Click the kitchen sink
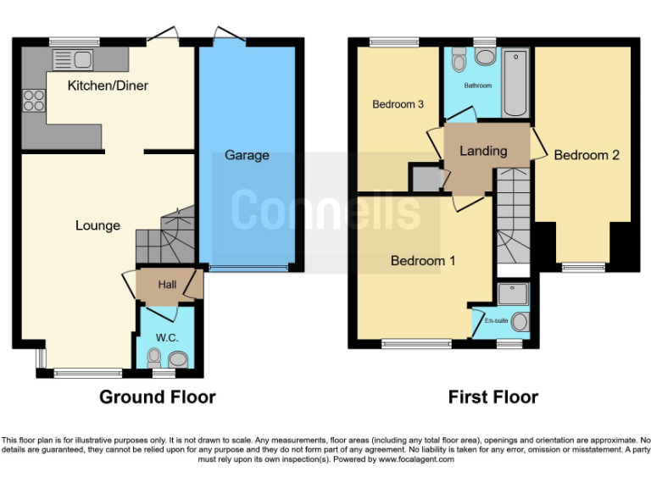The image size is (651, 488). [x=72, y=59]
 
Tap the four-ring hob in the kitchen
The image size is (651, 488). [x=34, y=101]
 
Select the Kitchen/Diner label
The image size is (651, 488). [x=108, y=86]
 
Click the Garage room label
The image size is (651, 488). [x=247, y=155]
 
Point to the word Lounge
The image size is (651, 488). [x=97, y=225]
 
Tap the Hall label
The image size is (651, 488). [x=167, y=285]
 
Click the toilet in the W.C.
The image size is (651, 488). [x=153, y=359]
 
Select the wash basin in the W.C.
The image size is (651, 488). [x=177, y=359]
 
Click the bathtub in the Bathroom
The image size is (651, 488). [x=515, y=85]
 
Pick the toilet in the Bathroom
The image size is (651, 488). [x=459, y=60]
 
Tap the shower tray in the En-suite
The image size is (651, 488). [x=514, y=293]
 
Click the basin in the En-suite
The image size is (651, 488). [x=520, y=322]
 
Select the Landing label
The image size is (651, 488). [x=483, y=151]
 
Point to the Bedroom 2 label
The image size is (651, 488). [x=587, y=155]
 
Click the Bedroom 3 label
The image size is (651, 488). [x=398, y=104]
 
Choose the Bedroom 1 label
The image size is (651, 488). [x=422, y=261]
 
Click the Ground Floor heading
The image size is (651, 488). [x=158, y=396]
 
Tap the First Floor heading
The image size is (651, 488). [x=492, y=396]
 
